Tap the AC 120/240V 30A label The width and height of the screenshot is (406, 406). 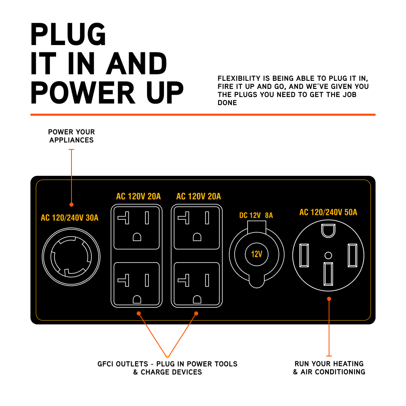coord(69,218)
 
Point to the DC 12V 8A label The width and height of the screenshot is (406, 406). coord(256,216)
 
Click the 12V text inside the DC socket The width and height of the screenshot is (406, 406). coord(257,255)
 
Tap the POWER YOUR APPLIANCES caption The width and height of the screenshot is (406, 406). coord(71,136)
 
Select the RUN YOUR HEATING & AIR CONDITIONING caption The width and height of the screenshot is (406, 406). coord(329,368)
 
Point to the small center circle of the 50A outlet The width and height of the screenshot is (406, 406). coord(328,255)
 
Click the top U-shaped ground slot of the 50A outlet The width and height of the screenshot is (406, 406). coord(328,230)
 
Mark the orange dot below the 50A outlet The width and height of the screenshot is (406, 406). coord(329,299)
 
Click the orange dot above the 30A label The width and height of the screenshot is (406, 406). coord(71,205)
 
